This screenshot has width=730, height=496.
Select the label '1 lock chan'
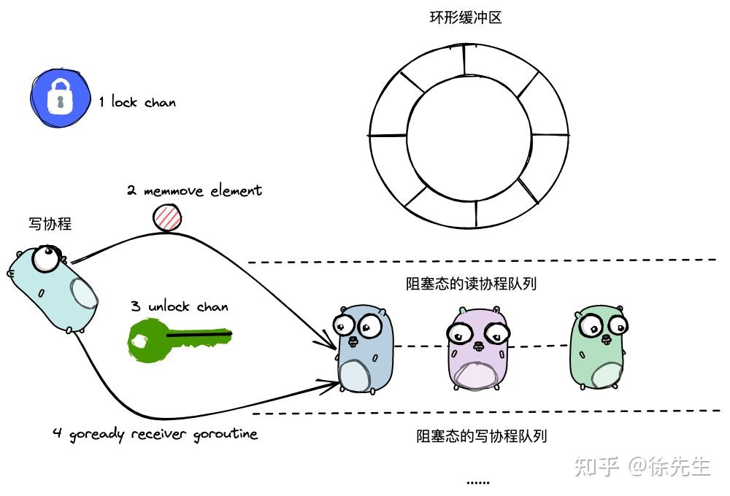point(138,102)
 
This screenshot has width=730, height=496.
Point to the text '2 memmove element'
point(194,191)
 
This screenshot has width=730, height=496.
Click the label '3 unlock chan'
point(180,306)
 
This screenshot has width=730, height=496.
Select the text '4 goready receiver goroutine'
point(155,434)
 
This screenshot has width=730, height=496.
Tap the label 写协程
point(50,224)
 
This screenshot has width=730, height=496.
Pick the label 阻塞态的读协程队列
point(472,284)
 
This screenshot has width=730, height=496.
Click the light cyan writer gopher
point(55,288)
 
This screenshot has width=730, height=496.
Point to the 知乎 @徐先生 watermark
point(642,466)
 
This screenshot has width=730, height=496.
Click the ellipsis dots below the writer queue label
point(477,481)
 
